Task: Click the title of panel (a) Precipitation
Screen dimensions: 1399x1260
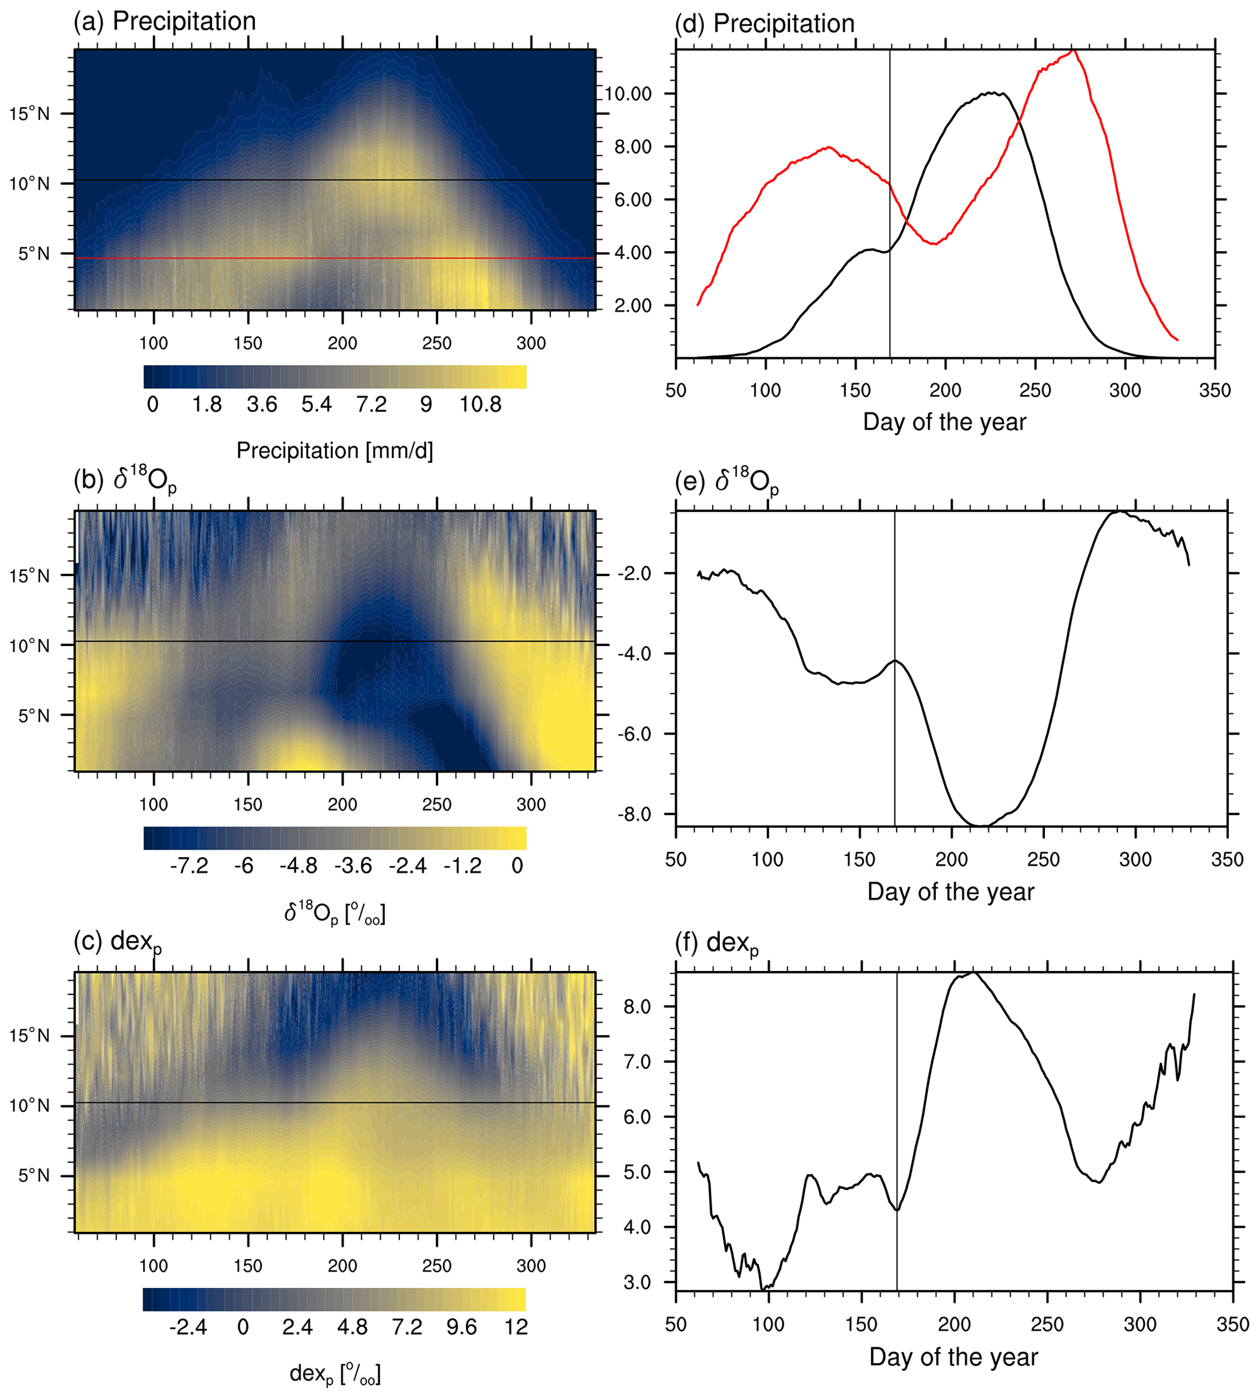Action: (165, 21)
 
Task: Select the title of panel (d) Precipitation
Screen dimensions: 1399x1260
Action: (765, 24)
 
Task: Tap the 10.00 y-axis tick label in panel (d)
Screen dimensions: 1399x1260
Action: (628, 93)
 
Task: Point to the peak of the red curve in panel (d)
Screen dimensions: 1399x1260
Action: (1073, 51)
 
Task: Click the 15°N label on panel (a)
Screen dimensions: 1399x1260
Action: (30, 114)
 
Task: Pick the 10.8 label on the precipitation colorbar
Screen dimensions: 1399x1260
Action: (480, 404)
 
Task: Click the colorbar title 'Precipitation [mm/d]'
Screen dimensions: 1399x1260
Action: (335, 450)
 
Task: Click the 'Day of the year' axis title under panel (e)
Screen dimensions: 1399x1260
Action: (950, 892)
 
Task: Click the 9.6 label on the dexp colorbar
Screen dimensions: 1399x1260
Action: (461, 1326)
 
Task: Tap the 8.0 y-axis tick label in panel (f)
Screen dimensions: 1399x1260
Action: (637, 1006)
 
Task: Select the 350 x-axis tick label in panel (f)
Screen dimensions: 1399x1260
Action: (1233, 1324)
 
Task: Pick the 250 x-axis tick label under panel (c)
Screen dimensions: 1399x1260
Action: (437, 1266)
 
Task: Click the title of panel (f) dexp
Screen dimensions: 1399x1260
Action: (716, 943)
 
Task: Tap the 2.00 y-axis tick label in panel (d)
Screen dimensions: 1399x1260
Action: (633, 305)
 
